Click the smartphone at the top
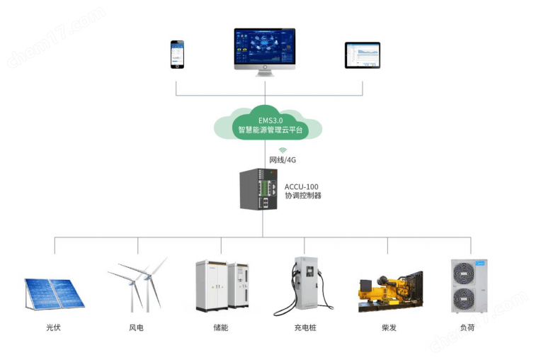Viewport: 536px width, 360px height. pyautogui.click(x=177, y=55)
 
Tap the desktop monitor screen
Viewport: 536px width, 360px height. pyautogui.click(x=265, y=47)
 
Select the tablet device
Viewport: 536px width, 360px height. pyautogui.click(x=363, y=55)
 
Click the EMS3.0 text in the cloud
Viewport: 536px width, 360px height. pyautogui.click(x=270, y=120)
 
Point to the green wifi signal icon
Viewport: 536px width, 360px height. pyautogui.click(x=283, y=150)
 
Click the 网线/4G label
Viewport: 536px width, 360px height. pyautogui.click(x=283, y=160)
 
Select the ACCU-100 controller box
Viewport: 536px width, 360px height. pyautogui.click(x=258, y=189)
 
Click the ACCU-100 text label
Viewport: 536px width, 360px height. pyautogui.click(x=301, y=187)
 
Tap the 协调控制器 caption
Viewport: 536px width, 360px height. pyautogui.click(x=303, y=196)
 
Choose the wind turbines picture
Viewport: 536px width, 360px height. pyautogui.click(x=137, y=285)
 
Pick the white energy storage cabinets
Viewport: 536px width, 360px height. pyautogui.click(x=222, y=286)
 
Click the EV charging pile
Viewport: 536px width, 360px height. pyautogui.click(x=304, y=286)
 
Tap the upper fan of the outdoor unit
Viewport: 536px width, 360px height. pyautogui.click(x=464, y=273)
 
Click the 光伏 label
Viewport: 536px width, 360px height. pyautogui.click(x=53, y=327)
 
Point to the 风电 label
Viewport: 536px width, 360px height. pyautogui.click(x=136, y=328)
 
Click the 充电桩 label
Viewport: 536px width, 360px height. pyautogui.click(x=305, y=328)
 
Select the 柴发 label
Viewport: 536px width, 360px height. pyautogui.click(x=389, y=328)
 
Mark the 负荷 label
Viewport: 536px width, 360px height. pyautogui.click(x=467, y=328)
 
